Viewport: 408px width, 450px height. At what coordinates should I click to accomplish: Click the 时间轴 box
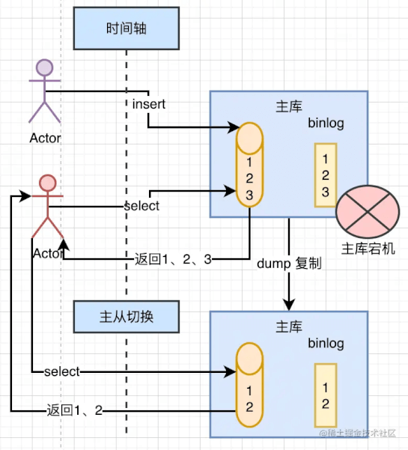coord(127,28)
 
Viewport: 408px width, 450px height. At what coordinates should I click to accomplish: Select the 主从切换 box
coord(127,317)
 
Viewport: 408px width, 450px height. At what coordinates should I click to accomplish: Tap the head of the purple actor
coord(44,67)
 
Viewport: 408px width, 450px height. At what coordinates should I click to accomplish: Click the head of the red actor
coord(48,183)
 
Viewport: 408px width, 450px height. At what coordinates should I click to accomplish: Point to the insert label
coord(149,104)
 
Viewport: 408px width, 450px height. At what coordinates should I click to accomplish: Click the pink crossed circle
coord(368,211)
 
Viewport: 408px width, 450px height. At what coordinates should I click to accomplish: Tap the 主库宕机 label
coord(368,249)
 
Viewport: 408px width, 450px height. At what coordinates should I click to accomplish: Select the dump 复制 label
coord(289,264)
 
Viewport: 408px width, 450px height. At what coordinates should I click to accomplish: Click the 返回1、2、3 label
coord(173,259)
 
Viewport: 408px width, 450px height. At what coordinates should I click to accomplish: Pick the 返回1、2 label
coord(75,410)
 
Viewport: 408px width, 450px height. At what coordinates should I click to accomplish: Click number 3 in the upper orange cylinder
coord(249,195)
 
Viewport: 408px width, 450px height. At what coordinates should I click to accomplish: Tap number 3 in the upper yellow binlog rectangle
coord(325,192)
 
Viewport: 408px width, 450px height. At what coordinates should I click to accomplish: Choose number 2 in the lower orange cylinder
coord(249,407)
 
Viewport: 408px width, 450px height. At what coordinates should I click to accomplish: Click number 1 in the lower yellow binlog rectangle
coord(325,387)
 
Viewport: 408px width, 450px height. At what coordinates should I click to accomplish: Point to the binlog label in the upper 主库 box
coord(326,123)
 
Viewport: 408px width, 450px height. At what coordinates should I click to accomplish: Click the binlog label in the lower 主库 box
coord(326,343)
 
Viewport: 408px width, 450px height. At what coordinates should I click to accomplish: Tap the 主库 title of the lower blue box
coord(289,326)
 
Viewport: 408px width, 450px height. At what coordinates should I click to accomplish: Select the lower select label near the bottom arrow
coord(61,371)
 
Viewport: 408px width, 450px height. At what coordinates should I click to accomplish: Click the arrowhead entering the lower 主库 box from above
coord(289,305)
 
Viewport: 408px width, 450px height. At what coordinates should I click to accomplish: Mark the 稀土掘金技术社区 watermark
coord(358,433)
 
